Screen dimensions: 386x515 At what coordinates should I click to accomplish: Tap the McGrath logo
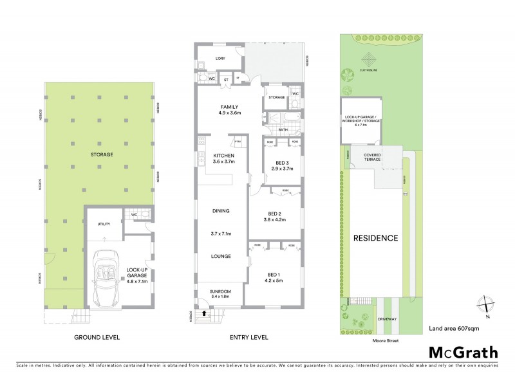[463, 352]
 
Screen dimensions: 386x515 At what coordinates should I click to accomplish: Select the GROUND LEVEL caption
[97, 337]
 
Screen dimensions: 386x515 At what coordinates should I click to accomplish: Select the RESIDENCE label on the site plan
[375, 238]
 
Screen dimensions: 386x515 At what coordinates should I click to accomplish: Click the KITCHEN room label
[223, 158]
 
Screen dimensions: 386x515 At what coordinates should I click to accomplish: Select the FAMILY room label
[230, 109]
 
